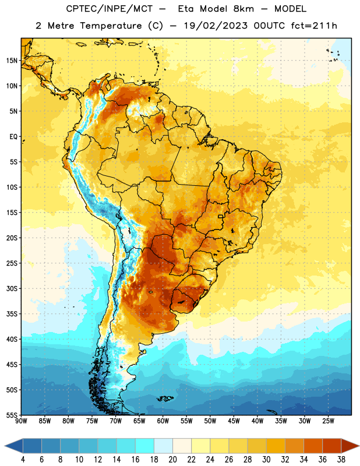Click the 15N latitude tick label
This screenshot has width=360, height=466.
click(x=12, y=61)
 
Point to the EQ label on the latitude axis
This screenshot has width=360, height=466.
click(x=13, y=137)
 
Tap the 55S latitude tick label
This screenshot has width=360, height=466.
click(x=12, y=415)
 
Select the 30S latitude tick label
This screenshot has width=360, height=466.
click(x=12, y=288)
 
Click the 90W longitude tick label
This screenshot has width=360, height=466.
click(x=21, y=421)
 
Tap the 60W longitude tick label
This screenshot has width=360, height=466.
click(x=163, y=421)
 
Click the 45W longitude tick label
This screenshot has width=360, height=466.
click(x=234, y=421)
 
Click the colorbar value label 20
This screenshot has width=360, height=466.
click(x=172, y=460)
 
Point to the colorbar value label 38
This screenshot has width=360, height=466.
click(x=341, y=460)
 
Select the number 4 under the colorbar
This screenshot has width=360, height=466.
click(x=23, y=460)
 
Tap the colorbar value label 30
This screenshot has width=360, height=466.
click(x=266, y=460)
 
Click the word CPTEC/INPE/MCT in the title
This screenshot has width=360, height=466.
click(x=109, y=9)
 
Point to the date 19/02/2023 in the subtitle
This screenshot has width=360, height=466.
click(x=216, y=26)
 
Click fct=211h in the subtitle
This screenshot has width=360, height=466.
click(x=314, y=26)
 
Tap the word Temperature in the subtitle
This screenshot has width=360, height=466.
click(x=111, y=26)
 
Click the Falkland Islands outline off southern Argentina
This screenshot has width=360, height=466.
click(x=165, y=398)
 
